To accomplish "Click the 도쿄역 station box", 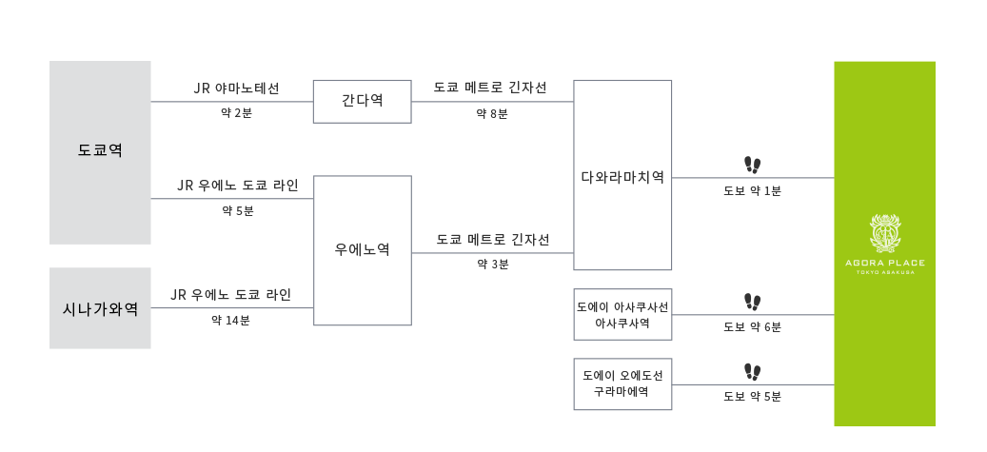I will (x=100, y=152).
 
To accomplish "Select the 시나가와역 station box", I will (x=100, y=308).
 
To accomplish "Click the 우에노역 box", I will (x=363, y=250).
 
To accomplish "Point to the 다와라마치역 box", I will (x=622, y=175).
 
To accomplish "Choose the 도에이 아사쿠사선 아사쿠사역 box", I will (x=622, y=315).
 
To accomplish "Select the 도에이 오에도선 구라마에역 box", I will (x=622, y=384).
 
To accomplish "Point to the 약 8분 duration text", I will (x=492, y=114).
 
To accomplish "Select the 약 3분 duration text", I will (x=492, y=265).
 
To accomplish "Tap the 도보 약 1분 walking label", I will (x=752, y=190).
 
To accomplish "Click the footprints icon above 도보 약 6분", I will (x=752, y=303).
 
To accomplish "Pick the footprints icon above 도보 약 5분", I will (x=752, y=371).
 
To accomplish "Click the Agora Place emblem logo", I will (x=884, y=232).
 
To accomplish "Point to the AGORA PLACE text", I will (x=885, y=263).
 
